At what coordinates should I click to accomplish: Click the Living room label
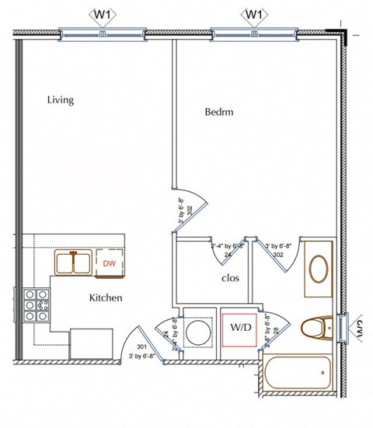click(60, 100)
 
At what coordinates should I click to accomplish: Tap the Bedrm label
click(219, 112)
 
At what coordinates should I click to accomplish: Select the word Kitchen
click(106, 298)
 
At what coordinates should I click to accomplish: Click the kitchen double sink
click(74, 263)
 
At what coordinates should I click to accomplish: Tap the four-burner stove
click(34, 305)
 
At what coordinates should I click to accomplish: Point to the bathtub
click(298, 372)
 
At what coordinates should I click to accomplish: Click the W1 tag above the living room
click(103, 14)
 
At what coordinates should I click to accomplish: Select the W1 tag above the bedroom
click(254, 14)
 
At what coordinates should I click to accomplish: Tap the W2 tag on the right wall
click(361, 329)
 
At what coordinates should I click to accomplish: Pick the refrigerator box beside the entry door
click(91, 343)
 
